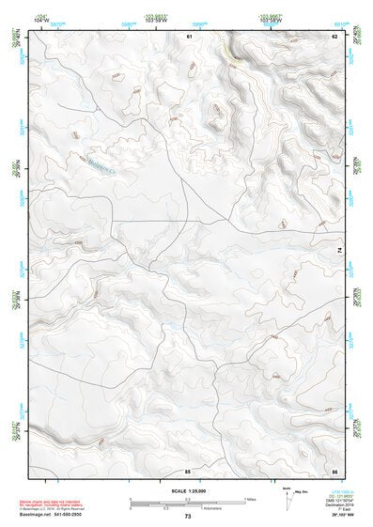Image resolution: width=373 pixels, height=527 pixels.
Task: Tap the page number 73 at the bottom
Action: (188, 517)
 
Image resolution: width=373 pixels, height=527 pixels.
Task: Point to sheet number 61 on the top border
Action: (189, 36)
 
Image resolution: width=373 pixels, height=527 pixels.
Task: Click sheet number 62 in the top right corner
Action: (334, 36)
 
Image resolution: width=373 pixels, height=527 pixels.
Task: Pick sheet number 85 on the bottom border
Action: (188, 469)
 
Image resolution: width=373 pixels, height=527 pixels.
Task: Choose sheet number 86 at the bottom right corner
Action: (334, 469)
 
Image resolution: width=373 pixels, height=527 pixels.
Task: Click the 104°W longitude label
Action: (39, 21)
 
